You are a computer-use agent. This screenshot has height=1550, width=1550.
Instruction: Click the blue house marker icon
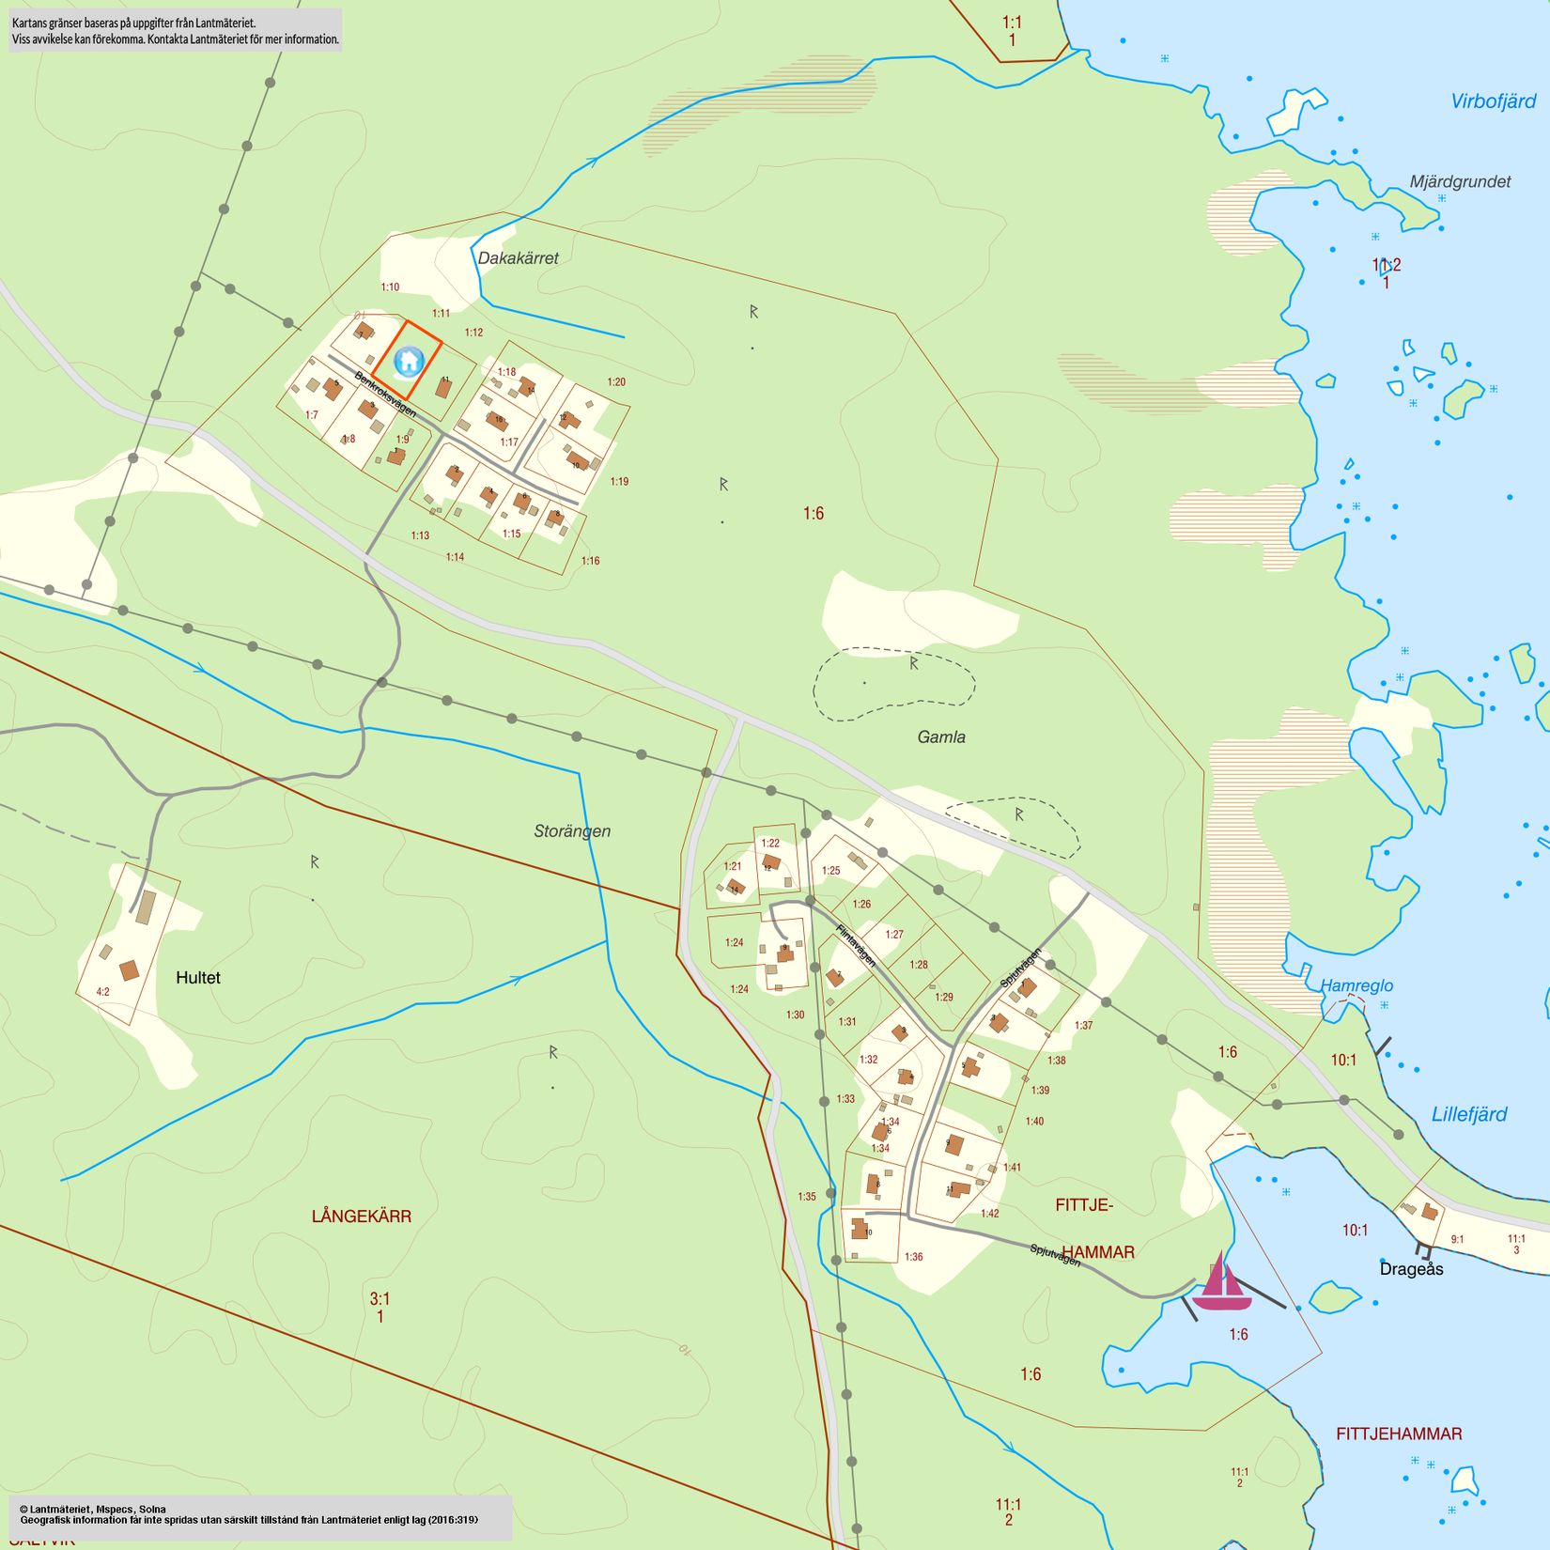coord(409,361)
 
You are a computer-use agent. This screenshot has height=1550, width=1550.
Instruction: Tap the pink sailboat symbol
coord(1221,1284)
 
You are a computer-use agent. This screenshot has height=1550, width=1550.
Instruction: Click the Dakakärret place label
coord(518,258)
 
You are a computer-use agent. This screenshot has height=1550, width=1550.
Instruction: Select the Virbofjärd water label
coord(1493,101)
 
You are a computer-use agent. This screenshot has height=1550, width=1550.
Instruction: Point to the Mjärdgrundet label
coord(1460,182)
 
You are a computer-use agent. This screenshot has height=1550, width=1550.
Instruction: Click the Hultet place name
coord(198,978)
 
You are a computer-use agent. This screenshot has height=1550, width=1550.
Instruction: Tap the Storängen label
coord(572,831)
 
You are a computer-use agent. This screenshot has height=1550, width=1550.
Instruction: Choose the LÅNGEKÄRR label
coord(362,1217)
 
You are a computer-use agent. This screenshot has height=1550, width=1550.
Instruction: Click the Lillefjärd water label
coord(1468,1115)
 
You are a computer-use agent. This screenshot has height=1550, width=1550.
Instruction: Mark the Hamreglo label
coord(1356,986)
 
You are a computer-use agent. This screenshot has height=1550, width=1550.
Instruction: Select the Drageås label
coord(1411,1269)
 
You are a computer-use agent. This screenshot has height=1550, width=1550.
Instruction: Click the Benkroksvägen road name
coord(385,395)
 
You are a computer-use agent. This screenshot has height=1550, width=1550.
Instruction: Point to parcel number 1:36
coord(913,1257)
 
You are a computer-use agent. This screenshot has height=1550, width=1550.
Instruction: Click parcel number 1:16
coord(590,561)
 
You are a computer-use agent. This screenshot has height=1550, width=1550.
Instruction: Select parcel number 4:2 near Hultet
coord(102,992)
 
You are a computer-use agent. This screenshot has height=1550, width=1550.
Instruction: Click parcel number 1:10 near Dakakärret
coord(390,287)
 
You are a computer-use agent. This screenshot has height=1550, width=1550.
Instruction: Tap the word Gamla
coord(941,737)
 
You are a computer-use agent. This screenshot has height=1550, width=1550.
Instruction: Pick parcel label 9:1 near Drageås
coord(1457,1240)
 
